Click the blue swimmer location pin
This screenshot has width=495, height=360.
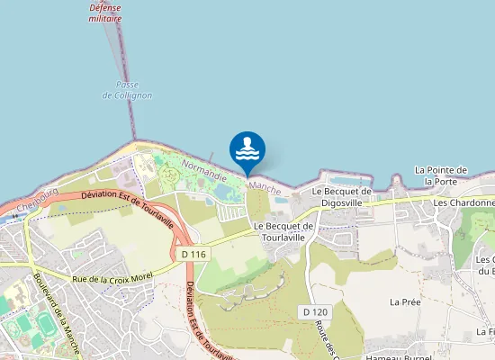click(247, 150)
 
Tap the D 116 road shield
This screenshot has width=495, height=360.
click(190, 255)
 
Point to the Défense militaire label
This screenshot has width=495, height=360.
click(105, 12)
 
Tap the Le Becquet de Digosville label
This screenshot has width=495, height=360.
click(341, 197)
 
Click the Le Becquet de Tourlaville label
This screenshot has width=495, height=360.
click(283, 231)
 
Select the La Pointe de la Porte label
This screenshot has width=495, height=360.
click(440, 175)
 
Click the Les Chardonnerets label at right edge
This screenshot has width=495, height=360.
click(464, 203)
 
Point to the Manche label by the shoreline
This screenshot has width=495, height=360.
click(265, 186)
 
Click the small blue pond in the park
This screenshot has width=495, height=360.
click(209, 201)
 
